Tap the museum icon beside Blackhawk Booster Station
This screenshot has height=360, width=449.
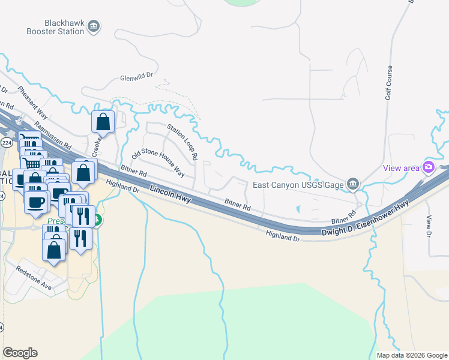tap(94, 26)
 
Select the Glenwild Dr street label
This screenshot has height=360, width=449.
tap(137, 77)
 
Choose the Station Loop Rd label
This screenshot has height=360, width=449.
tap(182, 142)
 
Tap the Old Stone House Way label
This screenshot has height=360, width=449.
tap(158, 161)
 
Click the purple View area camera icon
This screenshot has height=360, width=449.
tap(429, 167)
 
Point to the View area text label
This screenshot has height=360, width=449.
tap(402, 168)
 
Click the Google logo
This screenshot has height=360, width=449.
tap(20, 353)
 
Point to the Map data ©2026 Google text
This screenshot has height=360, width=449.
tap(411, 355)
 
